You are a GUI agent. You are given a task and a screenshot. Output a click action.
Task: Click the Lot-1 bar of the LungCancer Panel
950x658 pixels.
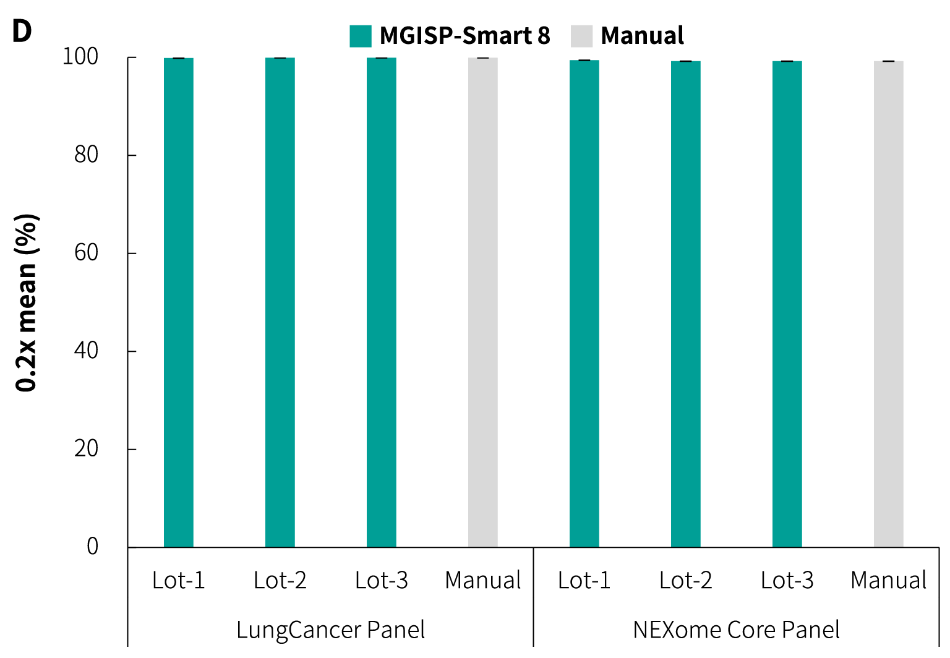pyautogui.click(x=179, y=302)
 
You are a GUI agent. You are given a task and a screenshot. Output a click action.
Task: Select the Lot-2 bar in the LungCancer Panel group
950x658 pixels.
pyautogui.click(x=280, y=302)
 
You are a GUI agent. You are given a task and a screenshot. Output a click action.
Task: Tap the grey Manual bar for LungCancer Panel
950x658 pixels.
pyautogui.click(x=483, y=302)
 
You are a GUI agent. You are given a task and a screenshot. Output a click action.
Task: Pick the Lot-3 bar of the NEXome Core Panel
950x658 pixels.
pyautogui.click(x=787, y=304)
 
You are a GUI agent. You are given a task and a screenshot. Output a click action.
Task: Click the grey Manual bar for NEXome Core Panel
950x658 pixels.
pyautogui.click(x=889, y=304)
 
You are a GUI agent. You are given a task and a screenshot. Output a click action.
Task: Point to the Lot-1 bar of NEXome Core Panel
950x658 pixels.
pyautogui.click(x=584, y=304)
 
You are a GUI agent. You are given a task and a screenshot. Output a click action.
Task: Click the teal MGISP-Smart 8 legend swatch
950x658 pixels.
pyautogui.click(x=361, y=36)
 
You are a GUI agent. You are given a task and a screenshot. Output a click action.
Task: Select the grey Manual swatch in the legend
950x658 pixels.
pyautogui.click(x=581, y=36)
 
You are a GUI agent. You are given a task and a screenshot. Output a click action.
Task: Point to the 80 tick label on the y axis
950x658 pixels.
pyautogui.click(x=87, y=155)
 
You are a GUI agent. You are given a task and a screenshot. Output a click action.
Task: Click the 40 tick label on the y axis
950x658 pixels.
pyautogui.click(x=87, y=351)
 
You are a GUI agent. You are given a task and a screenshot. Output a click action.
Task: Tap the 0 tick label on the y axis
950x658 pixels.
pyautogui.click(x=92, y=547)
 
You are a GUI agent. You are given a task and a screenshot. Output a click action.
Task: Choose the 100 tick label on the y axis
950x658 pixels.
pyautogui.click(x=80, y=57)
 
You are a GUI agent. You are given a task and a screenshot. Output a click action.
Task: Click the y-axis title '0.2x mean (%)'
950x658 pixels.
pyautogui.click(x=27, y=302)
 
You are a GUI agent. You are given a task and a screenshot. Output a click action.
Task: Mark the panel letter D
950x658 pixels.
pyautogui.click(x=22, y=31)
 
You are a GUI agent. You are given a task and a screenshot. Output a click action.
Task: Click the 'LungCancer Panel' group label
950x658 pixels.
pyautogui.click(x=331, y=630)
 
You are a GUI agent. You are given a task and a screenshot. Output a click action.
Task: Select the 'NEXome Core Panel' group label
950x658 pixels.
pyautogui.click(x=736, y=630)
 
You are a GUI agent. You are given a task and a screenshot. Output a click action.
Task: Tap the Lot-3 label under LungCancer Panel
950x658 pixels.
pyautogui.click(x=382, y=580)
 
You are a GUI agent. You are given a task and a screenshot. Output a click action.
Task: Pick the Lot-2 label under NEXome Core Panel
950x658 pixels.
pyautogui.click(x=686, y=580)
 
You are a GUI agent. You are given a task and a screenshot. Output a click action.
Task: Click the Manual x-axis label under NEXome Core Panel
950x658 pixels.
pyautogui.click(x=889, y=580)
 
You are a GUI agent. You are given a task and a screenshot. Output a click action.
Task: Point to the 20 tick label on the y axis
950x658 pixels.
pyautogui.click(x=87, y=448)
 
